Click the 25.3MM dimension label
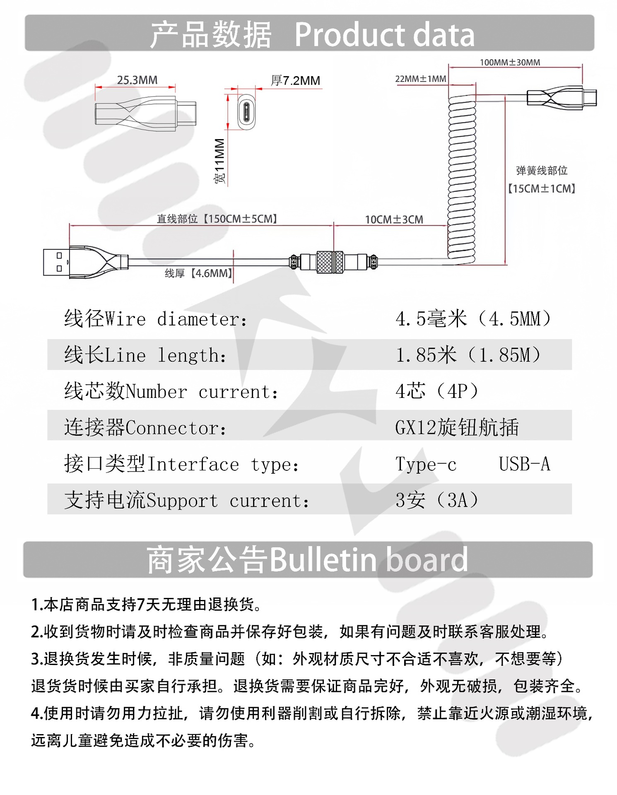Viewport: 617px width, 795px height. (137, 80)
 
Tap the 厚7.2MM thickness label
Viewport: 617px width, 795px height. (295, 81)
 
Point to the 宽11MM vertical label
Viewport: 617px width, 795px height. (219, 161)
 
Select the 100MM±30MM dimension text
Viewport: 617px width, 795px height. (510, 63)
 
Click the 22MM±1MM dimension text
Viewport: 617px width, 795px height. (420, 79)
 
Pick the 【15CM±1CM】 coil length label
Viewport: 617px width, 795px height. (542, 189)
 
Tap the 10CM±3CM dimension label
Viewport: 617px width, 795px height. (394, 219)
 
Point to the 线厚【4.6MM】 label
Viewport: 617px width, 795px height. (198, 273)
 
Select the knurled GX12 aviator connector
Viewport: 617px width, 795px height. (330, 262)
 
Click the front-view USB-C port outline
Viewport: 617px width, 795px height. (246, 111)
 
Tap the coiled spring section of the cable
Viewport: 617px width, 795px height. (461, 178)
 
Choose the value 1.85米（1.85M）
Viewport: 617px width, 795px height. (468, 355)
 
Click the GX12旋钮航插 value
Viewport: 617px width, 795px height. (457, 427)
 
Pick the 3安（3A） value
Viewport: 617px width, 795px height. (437, 500)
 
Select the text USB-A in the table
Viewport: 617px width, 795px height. (524, 464)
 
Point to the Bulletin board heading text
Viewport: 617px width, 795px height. (369, 560)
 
